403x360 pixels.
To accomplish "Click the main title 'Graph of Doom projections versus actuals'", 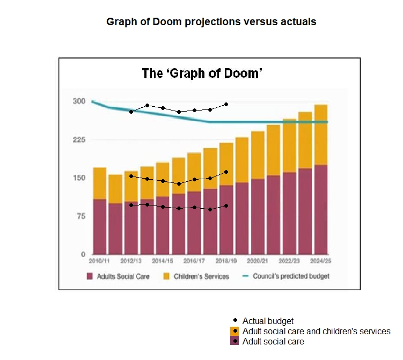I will (x=211, y=22).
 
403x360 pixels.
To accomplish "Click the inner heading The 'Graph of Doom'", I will (x=201, y=73).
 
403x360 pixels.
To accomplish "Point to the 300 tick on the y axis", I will (x=79, y=101).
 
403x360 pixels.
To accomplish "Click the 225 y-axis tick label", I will (x=79, y=139).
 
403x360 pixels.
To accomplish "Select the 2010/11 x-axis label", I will (x=99, y=260).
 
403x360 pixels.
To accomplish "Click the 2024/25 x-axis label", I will (x=320, y=260).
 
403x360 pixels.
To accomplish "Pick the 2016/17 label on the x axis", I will (x=194, y=260).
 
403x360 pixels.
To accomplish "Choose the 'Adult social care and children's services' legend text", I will (x=316, y=331).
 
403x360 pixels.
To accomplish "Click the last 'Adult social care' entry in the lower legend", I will (x=273, y=341).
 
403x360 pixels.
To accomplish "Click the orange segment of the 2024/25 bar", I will (x=321, y=134).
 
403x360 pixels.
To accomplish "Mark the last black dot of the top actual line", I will (x=226, y=104).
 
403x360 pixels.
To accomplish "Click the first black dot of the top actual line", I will (x=131, y=112).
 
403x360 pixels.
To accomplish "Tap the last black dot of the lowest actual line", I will (x=226, y=205).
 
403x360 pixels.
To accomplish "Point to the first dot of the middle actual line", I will (x=131, y=176).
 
